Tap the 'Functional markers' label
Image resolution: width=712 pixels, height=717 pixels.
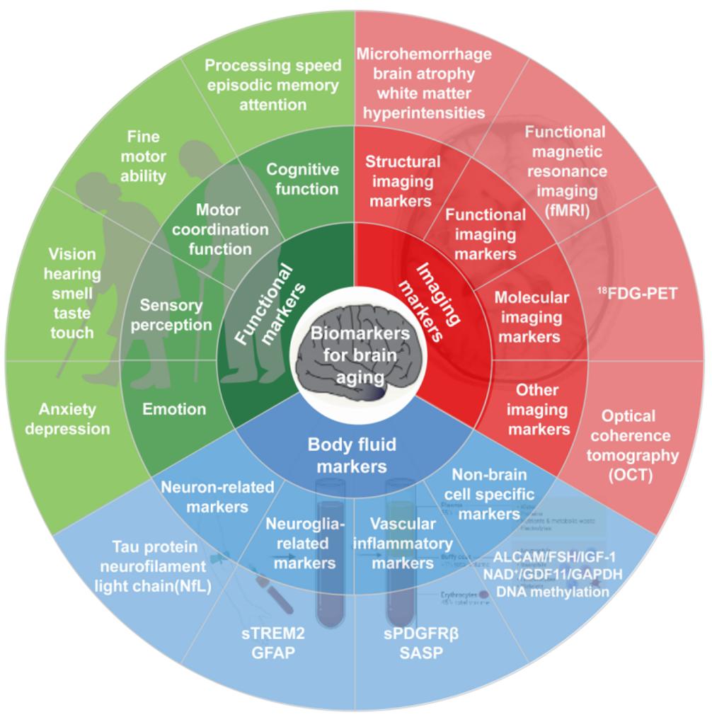[271, 304]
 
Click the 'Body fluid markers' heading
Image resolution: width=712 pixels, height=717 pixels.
[352, 455]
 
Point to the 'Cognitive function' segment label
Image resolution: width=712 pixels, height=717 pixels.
[302, 179]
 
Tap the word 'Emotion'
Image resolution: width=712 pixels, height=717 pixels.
[174, 409]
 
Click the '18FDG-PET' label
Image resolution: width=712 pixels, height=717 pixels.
[642, 293]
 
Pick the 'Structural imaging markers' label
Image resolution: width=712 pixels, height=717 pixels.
[403, 181]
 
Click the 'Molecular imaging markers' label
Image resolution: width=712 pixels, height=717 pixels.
[531, 317]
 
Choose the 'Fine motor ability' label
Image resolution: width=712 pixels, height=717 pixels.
[144, 156]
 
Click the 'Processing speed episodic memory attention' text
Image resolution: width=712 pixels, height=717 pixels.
[272, 85]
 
